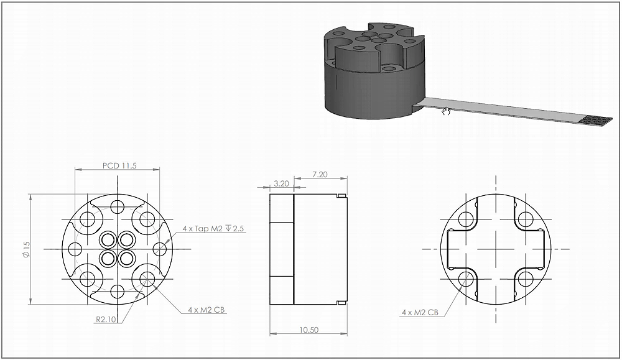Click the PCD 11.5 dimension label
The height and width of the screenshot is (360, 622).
point(119,165)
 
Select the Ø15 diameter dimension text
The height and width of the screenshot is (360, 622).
point(26,250)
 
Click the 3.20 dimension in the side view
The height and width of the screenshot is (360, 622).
point(281,184)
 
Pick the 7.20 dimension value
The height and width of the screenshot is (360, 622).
point(319,175)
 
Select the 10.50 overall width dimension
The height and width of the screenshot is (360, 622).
point(308,330)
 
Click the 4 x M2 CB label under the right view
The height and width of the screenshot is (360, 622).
point(424,312)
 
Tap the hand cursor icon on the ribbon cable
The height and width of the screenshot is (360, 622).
point(446,111)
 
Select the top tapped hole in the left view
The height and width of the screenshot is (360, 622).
point(118,206)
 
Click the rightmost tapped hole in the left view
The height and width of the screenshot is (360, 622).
point(160,249)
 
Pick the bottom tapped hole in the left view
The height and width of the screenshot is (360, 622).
point(118,291)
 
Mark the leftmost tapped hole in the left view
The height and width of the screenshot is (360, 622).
point(75,249)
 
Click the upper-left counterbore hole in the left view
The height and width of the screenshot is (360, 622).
point(88,219)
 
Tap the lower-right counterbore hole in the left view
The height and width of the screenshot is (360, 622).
point(147,279)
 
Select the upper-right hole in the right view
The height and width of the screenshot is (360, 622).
point(526,219)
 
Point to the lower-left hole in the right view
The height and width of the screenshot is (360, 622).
point(466,279)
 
